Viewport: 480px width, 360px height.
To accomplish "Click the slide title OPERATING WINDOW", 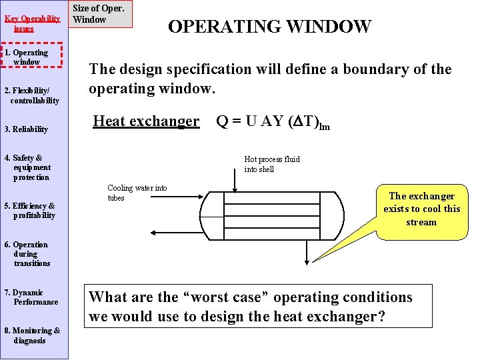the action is click(269, 27).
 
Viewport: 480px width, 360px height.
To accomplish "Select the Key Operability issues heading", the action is click(32, 23).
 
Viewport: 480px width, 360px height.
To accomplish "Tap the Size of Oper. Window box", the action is click(99, 14).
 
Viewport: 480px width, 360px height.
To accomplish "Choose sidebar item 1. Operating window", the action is click(31, 57).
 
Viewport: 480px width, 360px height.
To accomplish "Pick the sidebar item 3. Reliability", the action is click(26, 129).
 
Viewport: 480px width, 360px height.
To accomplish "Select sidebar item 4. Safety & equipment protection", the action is click(27, 167).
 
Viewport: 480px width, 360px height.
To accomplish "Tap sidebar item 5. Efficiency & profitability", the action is click(31, 211).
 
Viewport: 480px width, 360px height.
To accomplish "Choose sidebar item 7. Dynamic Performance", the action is click(32, 297).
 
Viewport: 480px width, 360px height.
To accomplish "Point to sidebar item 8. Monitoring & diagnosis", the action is click(32, 335).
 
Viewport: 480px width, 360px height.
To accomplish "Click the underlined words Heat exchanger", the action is click(145, 121).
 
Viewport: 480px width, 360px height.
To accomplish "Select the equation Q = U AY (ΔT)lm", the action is click(273, 121).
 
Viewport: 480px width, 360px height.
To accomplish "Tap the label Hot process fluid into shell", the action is click(272, 164).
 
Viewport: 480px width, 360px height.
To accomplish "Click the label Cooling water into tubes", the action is click(137, 193).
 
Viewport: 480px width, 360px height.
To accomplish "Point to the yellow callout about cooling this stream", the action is click(421, 209).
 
